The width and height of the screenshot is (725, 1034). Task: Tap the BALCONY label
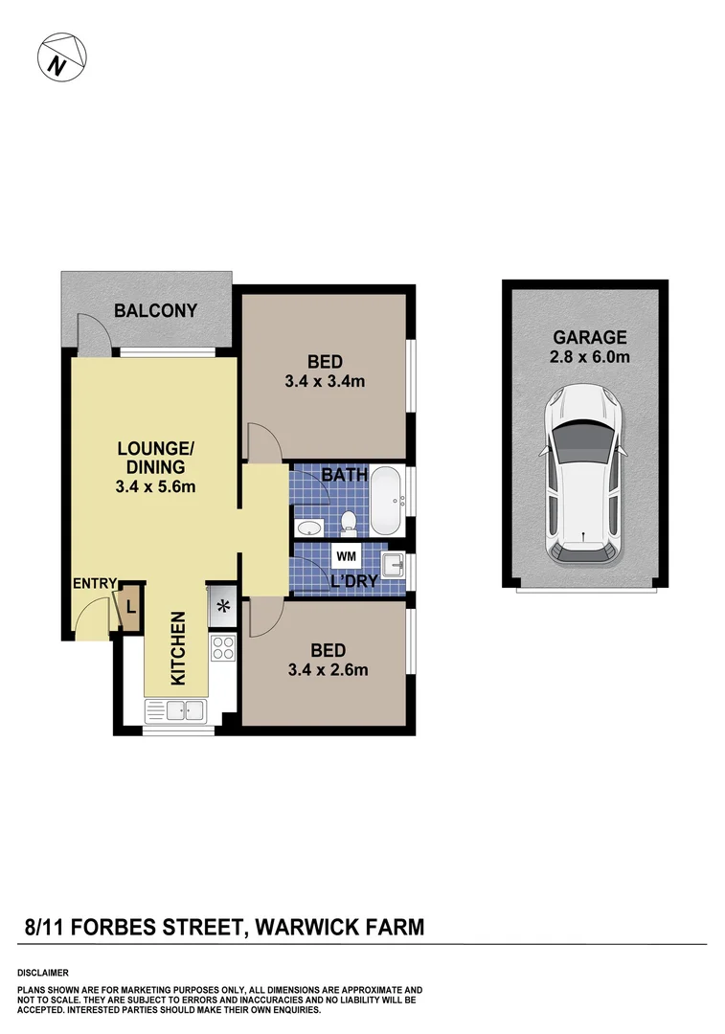155,310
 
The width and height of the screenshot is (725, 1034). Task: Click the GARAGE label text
589,337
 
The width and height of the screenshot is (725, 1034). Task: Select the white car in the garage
582,473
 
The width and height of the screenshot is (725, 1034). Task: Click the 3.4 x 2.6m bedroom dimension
328,670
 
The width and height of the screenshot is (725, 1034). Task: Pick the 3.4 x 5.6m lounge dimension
156,486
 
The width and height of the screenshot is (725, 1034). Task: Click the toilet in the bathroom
349,523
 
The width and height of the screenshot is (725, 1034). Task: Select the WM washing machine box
344,556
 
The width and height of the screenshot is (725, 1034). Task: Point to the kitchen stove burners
222,648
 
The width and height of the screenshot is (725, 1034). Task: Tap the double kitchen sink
175,710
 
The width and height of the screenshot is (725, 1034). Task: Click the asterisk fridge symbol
223,605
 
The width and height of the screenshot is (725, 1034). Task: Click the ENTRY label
95,583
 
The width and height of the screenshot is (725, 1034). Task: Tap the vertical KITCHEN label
177,649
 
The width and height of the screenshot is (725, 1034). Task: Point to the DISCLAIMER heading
42,972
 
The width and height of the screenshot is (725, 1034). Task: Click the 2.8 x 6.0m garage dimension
589,357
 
